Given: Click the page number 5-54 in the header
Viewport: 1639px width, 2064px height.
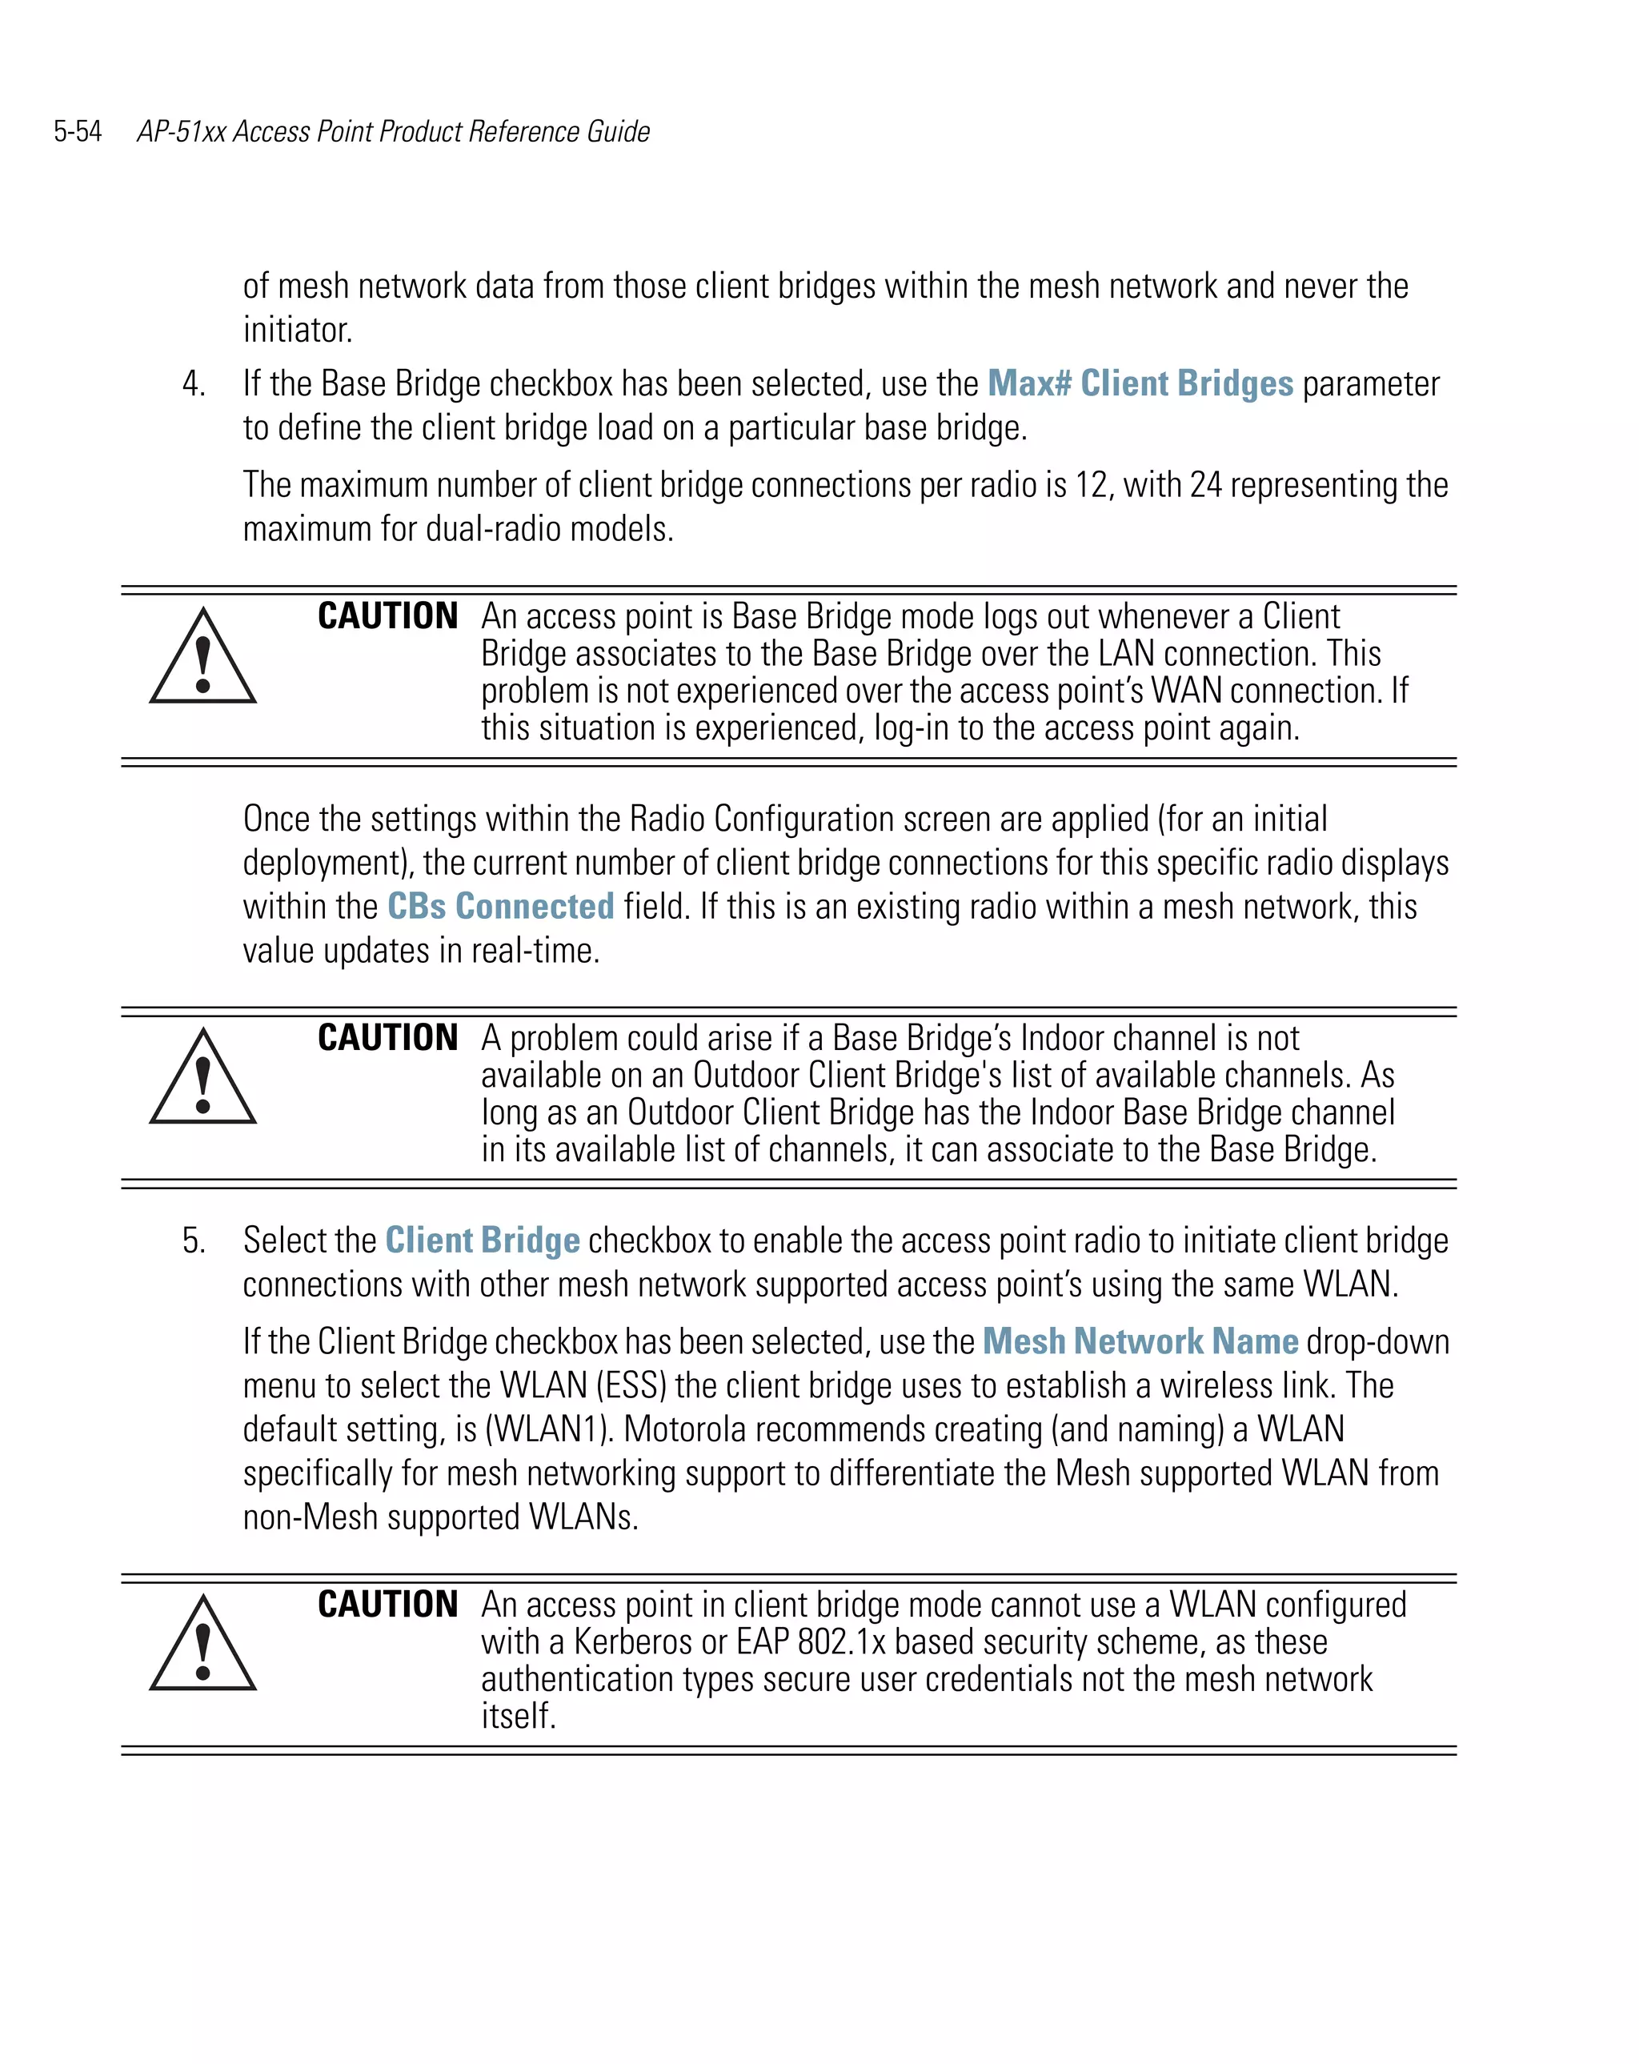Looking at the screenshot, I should click(x=78, y=131).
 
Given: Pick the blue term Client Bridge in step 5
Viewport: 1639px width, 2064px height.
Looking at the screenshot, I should click(x=483, y=1240).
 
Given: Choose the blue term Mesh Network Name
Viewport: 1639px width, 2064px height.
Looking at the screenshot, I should click(x=1140, y=1341).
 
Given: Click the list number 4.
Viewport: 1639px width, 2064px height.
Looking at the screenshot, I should click(x=192, y=384).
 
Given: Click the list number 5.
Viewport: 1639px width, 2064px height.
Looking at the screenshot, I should click(x=192, y=1240).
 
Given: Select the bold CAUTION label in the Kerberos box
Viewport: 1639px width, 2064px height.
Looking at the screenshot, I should click(x=387, y=1605).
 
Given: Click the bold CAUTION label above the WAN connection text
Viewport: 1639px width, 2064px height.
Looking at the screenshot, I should click(x=387, y=615).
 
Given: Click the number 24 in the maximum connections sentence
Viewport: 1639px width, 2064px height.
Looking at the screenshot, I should click(x=1205, y=485).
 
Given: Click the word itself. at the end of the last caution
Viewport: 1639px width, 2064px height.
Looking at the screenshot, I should click(x=518, y=1717).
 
